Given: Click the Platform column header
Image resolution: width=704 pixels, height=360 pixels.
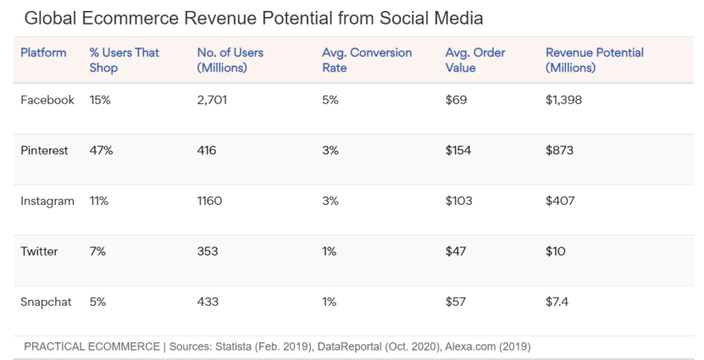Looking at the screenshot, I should click(43, 53).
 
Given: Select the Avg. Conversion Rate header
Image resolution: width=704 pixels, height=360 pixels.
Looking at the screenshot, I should click(367, 60).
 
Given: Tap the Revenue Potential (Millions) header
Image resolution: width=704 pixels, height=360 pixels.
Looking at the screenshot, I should click(595, 60).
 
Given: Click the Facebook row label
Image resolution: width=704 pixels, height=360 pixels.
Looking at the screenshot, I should click(47, 100).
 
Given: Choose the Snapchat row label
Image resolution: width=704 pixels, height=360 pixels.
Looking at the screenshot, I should click(47, 302).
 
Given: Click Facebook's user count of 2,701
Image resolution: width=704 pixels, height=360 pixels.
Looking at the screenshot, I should click(212, 100).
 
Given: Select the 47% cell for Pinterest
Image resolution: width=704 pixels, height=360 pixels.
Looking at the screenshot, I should click(102, 150).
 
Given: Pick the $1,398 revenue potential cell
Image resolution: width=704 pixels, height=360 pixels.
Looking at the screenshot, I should click(564, 100).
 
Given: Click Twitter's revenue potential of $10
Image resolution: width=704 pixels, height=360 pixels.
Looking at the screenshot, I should click(556, 252).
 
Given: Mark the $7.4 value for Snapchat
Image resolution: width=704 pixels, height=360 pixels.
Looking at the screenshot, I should click(557, 302).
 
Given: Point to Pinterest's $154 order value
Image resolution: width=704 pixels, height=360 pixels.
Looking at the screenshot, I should click(457, 150).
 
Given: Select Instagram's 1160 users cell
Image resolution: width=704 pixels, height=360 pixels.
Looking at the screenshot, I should click(209, 201).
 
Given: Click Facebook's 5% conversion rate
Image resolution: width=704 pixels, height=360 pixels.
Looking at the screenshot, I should click(330, 100).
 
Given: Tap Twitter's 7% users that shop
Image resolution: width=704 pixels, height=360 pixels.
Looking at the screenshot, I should click(97, 252).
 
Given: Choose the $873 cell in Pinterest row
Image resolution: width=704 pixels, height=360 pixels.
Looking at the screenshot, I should click(560, 150).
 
